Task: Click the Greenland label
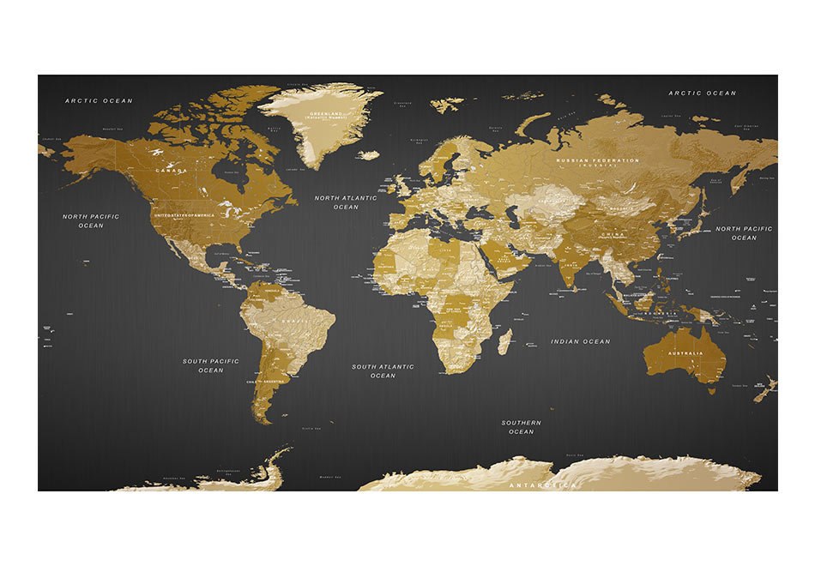(327, 114)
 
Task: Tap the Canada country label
(170, 171)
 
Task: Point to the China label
(612, 233)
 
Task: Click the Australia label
(686, 353)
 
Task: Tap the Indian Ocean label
(581, 341)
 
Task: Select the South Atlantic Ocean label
(383, 371)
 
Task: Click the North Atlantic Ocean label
(346, 202)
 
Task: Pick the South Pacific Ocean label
(211, 365)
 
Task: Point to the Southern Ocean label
(522, 427)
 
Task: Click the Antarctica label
(543, 485)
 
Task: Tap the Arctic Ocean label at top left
(100, 101)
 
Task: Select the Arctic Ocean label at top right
(703, 93)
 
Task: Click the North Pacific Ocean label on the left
(91, 220)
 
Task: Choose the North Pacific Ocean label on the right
(744, 233)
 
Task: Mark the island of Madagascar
(504, 340)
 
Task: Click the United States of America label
(184, 214)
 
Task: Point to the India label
(569, 264)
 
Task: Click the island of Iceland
(368, 155)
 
